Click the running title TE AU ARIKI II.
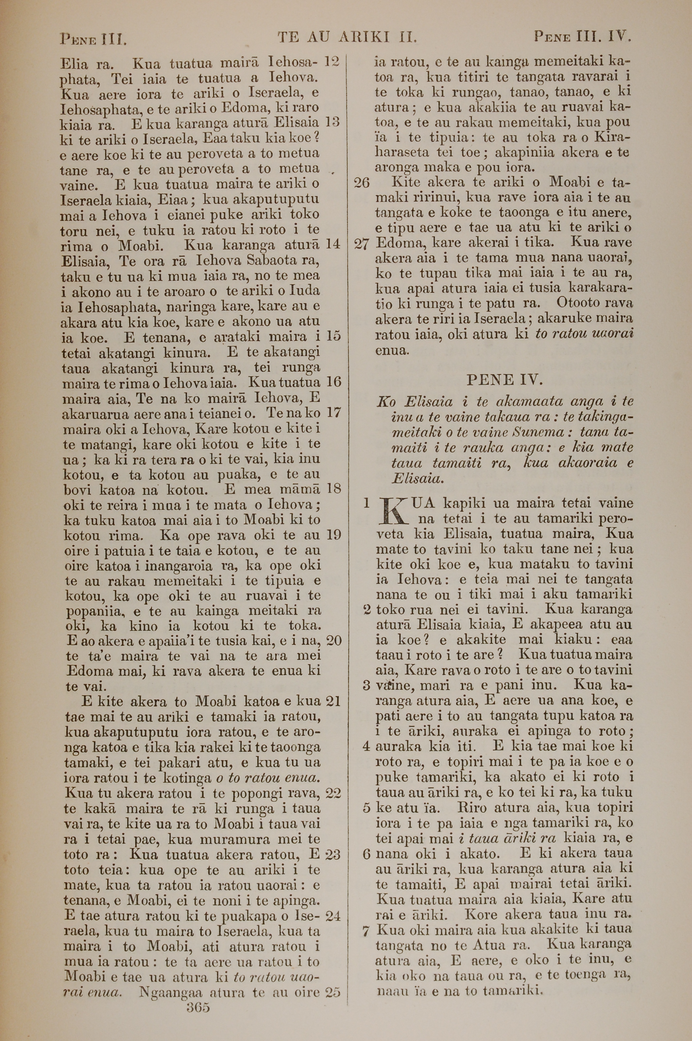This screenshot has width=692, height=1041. pos(347,37)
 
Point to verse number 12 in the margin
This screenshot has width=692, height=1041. pos(332,62)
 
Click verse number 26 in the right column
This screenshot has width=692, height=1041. pos(362,182)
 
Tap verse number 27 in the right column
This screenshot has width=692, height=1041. pos(362,244)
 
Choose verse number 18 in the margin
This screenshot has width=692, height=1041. pos(333,489)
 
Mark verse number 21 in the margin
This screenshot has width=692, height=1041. pos(333,701)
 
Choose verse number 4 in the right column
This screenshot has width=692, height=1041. pos(365,746)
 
